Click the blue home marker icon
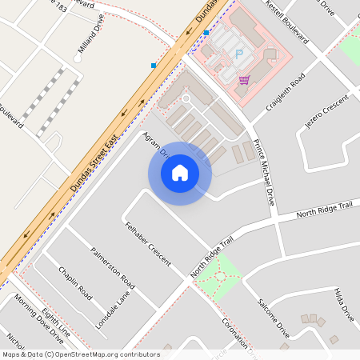[180, 172]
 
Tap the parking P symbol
[238, 54]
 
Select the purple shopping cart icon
[243, 79]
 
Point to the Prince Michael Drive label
[263, 173]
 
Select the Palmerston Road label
[112, 267]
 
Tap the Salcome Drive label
[273, 317]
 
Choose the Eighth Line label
[56, 321]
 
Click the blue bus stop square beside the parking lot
[206, 33]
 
